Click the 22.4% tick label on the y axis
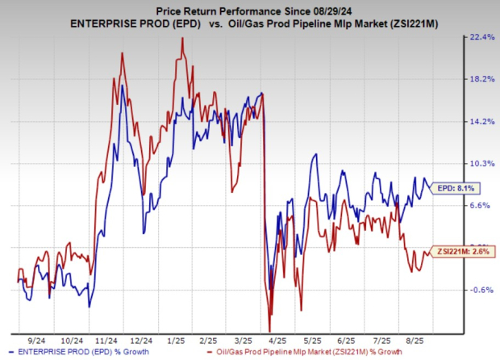click(x=481, y=37)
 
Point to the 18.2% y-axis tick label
click(x=481, y=79)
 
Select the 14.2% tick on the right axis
click(x=481, y=121)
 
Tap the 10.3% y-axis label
click(x=481, y=163)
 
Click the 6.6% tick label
click(x=481, y=205)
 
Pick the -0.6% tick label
click(x=481, y=289)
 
